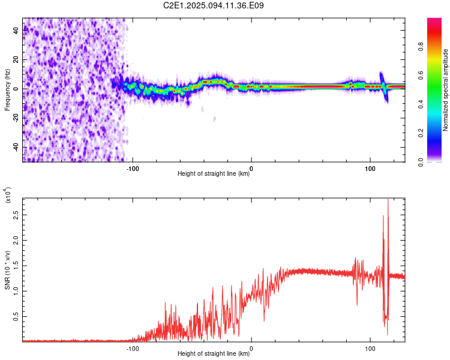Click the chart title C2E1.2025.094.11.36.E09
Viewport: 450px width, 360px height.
[x=214, y=5]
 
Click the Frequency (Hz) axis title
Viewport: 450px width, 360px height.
[x=7, y=89]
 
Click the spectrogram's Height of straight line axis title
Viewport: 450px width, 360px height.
[x=214, y=175]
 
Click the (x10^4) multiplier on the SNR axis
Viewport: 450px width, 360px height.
[x=8, y=197]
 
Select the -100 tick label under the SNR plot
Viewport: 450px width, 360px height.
[x=133, y=348]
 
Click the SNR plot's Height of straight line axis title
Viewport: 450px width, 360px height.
[x=214, y=354]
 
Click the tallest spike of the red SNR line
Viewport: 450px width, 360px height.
[x=388, y=200]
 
